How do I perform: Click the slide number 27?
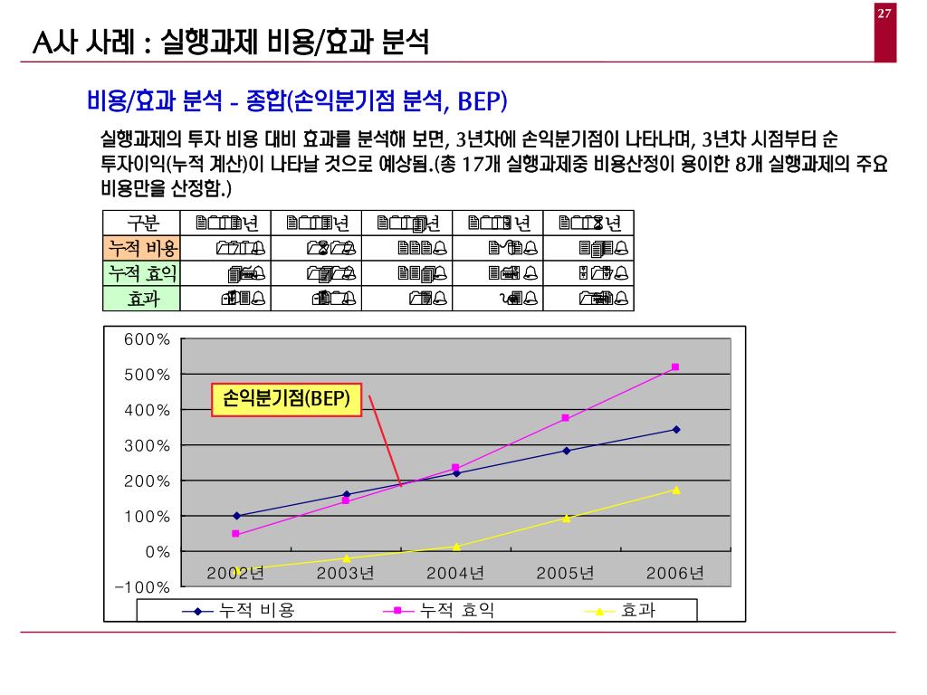click(884, 13)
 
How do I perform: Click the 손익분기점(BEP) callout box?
click(286, 399)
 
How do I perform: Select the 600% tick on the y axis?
click(148, 339)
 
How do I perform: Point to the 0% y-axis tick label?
click(158, 551)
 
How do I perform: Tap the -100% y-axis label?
click(143, 586)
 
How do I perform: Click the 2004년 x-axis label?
click(455, 573)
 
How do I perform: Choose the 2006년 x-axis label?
click(675, 573)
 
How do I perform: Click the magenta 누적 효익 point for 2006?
click(675, 367)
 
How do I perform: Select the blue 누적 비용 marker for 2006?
click(675, 429)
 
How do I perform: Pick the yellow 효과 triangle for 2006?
click(675, 490)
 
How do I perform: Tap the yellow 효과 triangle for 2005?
click(566, 518)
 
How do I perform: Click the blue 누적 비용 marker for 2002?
click(236, 516)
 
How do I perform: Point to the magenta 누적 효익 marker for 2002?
click(236, 534)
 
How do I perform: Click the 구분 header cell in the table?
click(141, 224)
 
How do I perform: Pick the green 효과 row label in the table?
click(141, 299)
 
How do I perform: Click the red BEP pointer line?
click(385, 441)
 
